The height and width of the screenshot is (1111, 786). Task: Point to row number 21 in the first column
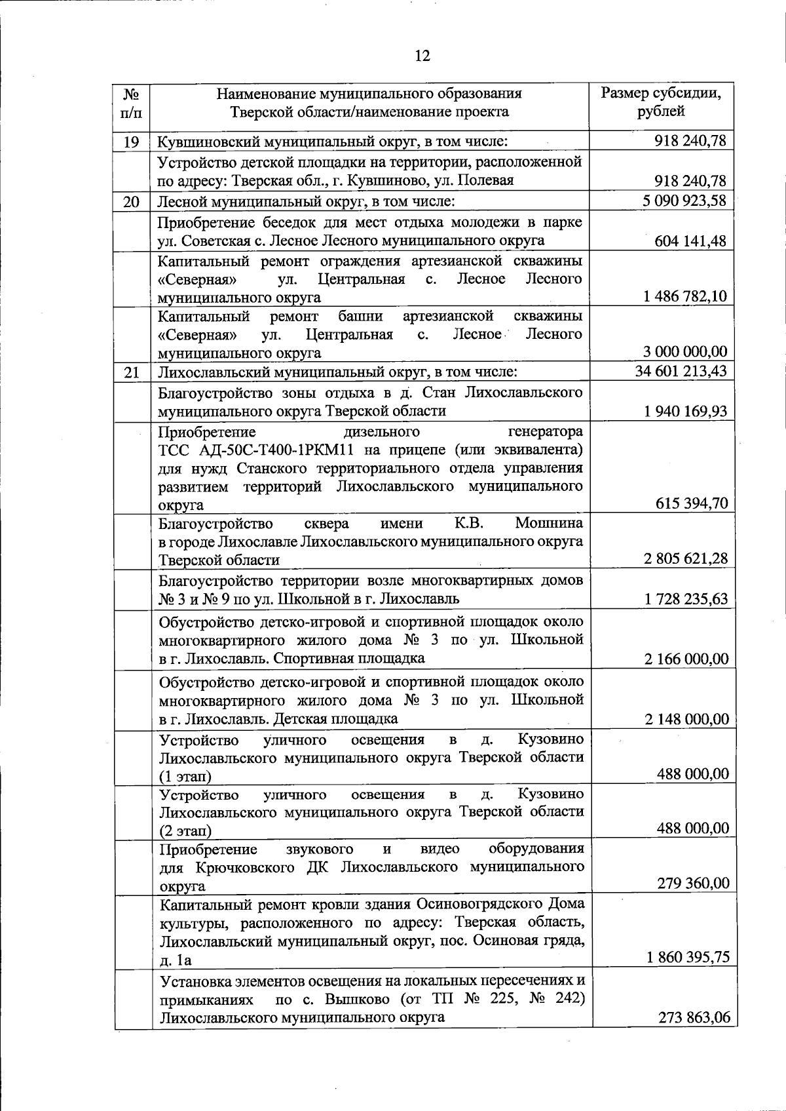coord(132,373)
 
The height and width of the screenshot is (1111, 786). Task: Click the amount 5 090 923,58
coord(684,201)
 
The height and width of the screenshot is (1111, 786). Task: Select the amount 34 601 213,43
coord(681,372)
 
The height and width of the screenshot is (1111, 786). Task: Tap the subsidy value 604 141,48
coord(690,241)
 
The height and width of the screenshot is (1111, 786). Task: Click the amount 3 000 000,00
coord(686,352)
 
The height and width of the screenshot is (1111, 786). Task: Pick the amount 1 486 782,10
coord(686,296)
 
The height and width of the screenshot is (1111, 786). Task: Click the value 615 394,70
coord(691,503)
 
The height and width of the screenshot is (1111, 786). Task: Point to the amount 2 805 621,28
coord(686,558)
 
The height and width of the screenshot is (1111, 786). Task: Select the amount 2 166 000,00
coord(686,659)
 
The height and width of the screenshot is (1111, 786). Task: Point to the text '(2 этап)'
coord(186,831)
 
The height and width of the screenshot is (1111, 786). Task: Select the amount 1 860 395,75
coord(688,957)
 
